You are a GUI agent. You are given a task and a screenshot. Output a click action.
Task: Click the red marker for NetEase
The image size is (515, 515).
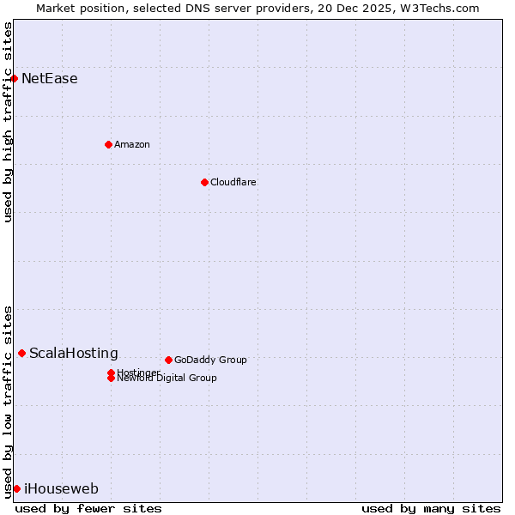coord(14,78)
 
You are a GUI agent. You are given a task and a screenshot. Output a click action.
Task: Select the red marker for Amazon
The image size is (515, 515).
coord(108,144)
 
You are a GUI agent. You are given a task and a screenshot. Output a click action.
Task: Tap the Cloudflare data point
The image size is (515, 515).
coord(204,182)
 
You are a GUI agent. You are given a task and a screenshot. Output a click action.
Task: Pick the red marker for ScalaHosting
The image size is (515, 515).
coord(21,353)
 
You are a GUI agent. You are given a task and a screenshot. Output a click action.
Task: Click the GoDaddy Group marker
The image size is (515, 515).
coord(168,360)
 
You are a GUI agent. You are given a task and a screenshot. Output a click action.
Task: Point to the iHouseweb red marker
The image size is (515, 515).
coord(16,488)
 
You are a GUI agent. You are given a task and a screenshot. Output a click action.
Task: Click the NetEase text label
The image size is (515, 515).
coord(50,79)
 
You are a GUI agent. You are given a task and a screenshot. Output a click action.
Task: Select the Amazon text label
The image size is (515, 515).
coord(132,144)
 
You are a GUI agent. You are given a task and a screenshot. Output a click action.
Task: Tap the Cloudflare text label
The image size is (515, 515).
coord(233,182)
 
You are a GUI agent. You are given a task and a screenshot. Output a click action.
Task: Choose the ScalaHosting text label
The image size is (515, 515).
coord(74,353)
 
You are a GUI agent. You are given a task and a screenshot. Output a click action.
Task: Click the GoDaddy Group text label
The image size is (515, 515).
coord(210,360)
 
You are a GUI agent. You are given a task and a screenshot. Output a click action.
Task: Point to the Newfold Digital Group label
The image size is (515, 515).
coord(167,379)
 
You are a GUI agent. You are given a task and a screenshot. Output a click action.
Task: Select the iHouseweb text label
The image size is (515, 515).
coord(61,489)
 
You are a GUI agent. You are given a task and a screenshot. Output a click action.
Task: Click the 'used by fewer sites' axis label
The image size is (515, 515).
coord(88,508)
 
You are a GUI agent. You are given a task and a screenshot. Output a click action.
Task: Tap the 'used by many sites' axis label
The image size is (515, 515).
coord(431,508)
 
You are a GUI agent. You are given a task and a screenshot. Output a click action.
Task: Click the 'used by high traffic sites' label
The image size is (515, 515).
coord(8,123)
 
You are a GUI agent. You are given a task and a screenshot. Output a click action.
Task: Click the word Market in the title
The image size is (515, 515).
coord(56,8)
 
